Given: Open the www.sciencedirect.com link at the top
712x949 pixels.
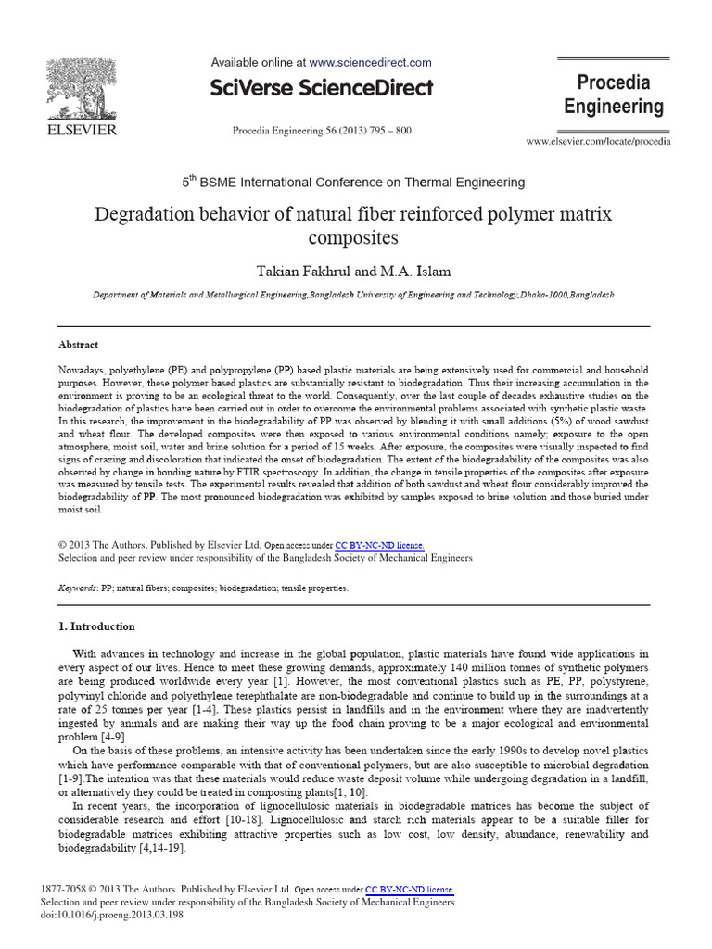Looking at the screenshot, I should click(370, 63).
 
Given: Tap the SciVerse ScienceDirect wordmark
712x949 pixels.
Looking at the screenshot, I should click(322, 89).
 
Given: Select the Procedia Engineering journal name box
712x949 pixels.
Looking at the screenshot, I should click(614, 95).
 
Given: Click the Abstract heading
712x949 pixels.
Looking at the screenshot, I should click(79, 344).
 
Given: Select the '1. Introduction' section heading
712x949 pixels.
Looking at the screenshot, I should click(96, 626).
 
